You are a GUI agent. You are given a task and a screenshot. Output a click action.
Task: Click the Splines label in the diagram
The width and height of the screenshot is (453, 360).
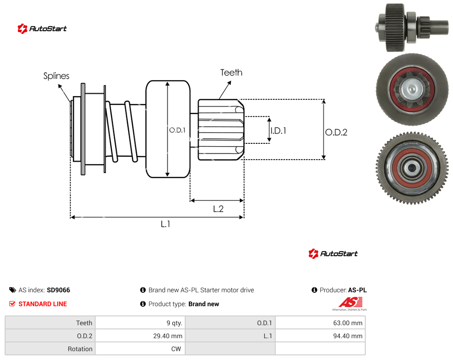(x=56, y=76)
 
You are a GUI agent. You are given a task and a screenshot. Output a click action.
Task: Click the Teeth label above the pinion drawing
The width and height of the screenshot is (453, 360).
(x=231, y=72)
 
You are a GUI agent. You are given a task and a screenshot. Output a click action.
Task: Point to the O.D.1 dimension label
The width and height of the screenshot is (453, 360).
(x=177, y=130)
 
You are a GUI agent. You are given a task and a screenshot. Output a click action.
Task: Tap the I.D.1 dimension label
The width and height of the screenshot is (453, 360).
(x=278, y=131)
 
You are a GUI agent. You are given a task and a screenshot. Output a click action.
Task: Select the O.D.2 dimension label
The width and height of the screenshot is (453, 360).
(x=337, y=132)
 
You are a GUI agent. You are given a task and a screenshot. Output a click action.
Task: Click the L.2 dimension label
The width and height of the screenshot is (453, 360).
(x=218, y=209)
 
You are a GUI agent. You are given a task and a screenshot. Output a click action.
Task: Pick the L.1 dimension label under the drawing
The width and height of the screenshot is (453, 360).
(x=165, y=224)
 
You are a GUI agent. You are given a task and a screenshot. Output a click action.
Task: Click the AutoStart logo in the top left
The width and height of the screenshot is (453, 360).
(x=42, y=29)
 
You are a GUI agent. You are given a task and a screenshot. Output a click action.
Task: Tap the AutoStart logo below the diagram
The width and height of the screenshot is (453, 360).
(x=333, y=253)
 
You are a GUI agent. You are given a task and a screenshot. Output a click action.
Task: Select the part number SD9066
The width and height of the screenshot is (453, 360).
(x=58, y=290)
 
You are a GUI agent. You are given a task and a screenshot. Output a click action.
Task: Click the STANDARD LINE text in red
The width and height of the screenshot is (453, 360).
(x=43, y=304)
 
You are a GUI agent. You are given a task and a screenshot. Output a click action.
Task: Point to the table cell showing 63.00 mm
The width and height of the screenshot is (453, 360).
(x=320, y=323)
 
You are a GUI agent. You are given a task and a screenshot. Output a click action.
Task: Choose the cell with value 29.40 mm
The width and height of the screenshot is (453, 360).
(x=140, y=336)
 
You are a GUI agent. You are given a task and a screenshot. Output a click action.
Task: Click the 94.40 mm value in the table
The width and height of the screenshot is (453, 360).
(x=320, y=336)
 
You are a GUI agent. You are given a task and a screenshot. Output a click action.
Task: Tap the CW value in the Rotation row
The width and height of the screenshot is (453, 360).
(x=140, y=349)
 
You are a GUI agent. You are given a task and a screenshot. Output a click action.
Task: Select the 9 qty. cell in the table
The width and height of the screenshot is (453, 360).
(x=140, y=323)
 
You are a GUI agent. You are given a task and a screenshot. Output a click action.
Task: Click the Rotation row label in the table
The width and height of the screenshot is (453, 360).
(x=80, y=349)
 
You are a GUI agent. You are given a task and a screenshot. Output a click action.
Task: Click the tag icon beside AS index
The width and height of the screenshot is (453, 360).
(x=13, y=290)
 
